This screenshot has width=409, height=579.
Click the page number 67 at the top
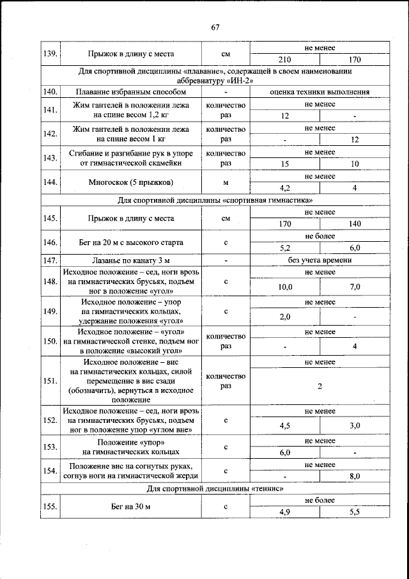215,26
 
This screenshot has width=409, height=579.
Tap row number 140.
50,91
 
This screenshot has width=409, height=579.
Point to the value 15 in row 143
285,164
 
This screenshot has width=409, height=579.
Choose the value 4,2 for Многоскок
285,188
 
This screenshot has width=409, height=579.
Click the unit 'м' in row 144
226,182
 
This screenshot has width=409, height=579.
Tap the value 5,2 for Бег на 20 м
285,248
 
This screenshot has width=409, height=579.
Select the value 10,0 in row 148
285,287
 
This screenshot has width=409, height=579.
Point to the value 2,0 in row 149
285,316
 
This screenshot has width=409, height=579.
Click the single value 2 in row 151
320,386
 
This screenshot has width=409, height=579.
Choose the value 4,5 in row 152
285,425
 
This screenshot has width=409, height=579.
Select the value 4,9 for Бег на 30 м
285,512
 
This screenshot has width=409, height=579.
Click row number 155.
50,507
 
